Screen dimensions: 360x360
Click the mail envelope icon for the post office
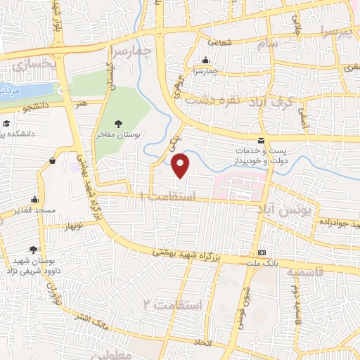261,140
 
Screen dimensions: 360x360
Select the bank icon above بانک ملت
262,252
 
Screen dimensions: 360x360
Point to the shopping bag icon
52,161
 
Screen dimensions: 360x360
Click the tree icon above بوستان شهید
34,250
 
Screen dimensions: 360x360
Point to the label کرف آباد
271,101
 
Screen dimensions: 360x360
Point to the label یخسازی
33,65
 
